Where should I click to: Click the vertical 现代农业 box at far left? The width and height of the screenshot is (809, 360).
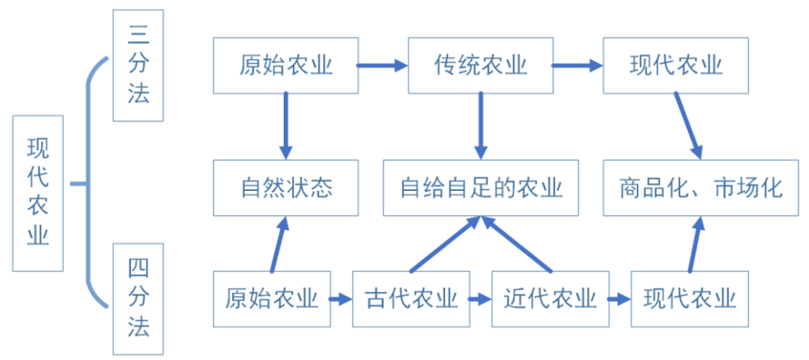pos(38,192)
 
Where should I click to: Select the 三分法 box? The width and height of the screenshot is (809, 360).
pos(138,65)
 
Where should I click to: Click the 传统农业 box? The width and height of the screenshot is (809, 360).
pos(481,65)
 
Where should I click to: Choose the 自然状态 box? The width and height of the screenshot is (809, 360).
pos(286,188)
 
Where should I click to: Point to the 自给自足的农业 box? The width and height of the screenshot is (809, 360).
pos(481,188)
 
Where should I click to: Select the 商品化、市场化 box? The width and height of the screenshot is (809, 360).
pos(701,188)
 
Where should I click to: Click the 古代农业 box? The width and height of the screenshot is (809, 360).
pos(411,299)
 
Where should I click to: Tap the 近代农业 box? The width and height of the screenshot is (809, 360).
pos(550,299)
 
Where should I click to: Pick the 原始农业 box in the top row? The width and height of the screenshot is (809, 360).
pos(286,65)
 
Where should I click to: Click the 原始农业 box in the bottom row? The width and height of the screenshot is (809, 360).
pos(271,299)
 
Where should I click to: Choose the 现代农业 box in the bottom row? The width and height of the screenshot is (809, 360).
pos(689,299)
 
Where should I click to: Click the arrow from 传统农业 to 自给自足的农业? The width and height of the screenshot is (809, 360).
pos(481,125)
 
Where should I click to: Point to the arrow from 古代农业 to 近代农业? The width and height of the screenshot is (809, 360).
pos(481,299)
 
